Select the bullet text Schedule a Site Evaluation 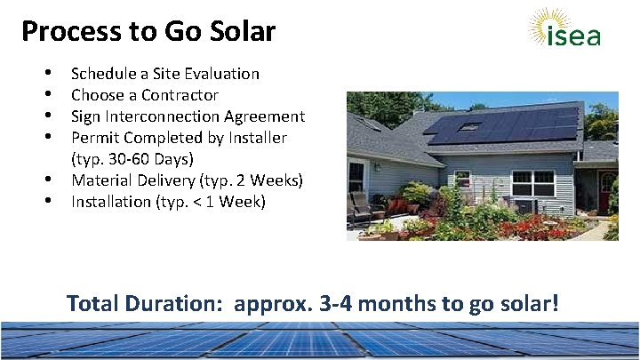pyautogui.click(x=164, y=74)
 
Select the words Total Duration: pyautogui.click(x=147, y=303)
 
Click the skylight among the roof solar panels pyautogui.click(x=468, y=127)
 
